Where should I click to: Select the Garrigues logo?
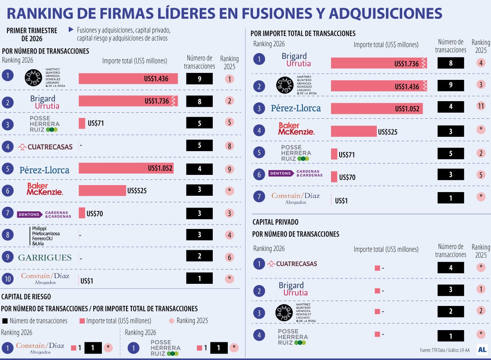click(x=45, y=258)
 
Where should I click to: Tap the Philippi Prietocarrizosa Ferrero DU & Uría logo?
click(x=45, y=235)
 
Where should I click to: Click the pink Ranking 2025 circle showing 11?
click(x=481, y=108)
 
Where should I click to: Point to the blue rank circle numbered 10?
click(x=7, y=280)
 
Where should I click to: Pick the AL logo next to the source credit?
click(x=482, y=350)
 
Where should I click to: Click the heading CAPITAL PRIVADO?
click(x=275, y=222)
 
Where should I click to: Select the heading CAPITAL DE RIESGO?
click(x=26, y=297)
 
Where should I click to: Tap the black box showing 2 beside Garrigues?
click(x=199, y=256)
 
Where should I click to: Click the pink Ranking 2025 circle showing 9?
click(x=230, y=169)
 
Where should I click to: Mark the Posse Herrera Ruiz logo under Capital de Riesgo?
click(x=165, y=348)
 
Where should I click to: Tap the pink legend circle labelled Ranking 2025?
click(x=171, y=321)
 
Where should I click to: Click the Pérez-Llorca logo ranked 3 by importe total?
click(x=296, y=108)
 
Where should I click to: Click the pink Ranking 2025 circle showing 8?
click(x=230, y=146)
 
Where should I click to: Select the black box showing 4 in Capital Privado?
click(x=450, y=268)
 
